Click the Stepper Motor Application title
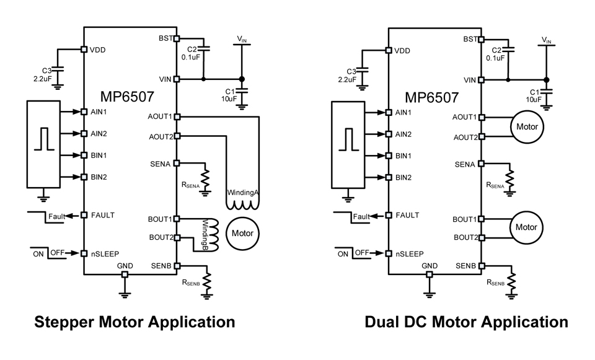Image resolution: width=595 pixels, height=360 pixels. point(134,322)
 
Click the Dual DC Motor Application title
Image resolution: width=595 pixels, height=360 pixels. point(466,322)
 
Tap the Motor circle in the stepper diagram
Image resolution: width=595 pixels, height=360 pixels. point(242,233)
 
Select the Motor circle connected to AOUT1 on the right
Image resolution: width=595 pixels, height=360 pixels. point(526,126)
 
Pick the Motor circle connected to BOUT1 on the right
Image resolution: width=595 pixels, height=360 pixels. point(526,227)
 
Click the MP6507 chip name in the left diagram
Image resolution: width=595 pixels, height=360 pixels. point(127,97)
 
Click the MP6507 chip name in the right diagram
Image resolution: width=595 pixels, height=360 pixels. point(432,97)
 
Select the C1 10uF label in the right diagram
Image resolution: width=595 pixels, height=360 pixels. point(534,95)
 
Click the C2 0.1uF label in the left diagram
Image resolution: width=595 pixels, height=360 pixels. point(190,53)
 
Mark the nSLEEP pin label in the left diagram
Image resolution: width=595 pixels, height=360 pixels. point(105,253)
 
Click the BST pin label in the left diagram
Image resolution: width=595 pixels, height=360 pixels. point(165,38)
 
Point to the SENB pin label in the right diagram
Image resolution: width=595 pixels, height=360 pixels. point(468,265)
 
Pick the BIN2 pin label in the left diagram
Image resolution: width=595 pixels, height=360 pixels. point(99,177)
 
